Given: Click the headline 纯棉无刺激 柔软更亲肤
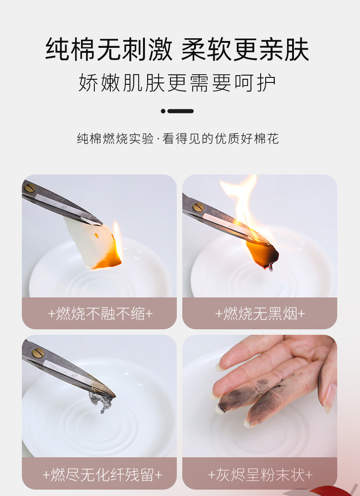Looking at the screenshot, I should click(177, 50).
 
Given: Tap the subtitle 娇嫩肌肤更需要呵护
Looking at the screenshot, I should click(177, 83).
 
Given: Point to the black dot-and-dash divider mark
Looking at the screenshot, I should click(177, 111).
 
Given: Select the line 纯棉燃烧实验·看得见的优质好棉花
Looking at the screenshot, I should click(177, 139).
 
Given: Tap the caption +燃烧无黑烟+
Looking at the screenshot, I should click(260, 313).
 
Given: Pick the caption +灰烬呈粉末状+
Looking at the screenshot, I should click(260, 475).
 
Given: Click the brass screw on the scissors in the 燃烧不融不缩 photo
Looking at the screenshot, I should click(30, 187).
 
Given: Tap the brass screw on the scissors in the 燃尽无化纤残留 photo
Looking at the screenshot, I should click(36, 353).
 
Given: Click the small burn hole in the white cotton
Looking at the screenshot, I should click(97, 235).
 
